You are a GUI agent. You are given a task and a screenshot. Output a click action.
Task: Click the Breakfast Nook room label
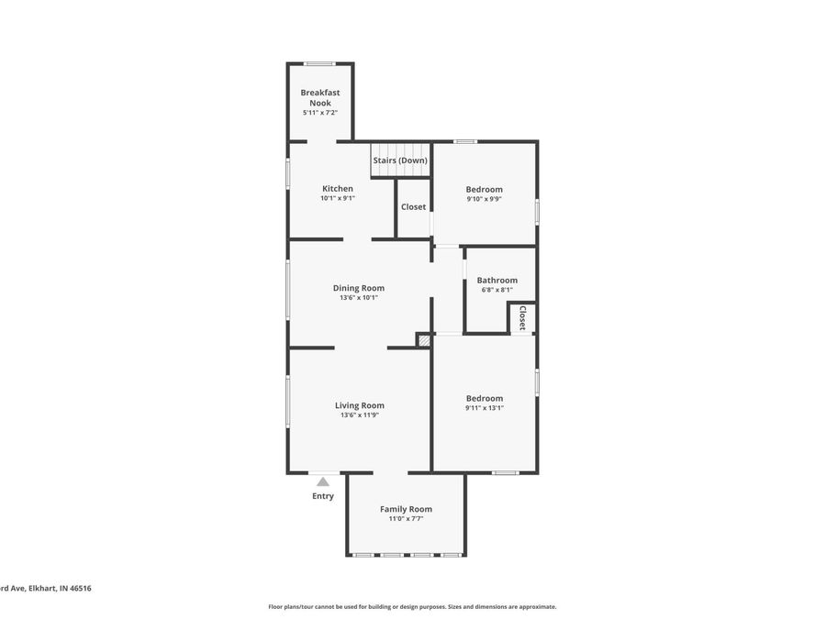[x=319, y=97]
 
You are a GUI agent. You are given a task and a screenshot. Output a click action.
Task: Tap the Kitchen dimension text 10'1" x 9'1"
[x=337, y=198]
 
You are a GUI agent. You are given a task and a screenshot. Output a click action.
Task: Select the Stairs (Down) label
[x=399, y=160]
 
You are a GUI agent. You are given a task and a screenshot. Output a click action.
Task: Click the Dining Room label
[x=358, y=288]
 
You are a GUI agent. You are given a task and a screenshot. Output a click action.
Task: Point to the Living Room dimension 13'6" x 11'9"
[x=359, y=415]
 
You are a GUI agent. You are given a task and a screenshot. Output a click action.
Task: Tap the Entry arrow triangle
[x=323, y=481]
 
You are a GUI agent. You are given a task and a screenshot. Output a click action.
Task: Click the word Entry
[x=323, y=496]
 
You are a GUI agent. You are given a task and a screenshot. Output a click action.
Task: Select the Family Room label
[x=406, y=509]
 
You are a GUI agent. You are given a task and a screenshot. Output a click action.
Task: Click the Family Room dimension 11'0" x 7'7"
[x=406, y=519]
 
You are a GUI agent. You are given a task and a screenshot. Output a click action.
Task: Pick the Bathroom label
[x=497, y=281]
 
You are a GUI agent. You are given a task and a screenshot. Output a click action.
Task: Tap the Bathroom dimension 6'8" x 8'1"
[x=497, y=291]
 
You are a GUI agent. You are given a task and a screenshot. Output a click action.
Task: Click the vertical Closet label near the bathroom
[x=522, y=318]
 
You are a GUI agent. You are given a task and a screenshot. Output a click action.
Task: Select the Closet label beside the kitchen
[x=413, y=207]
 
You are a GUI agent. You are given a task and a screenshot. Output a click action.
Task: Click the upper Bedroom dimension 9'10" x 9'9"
[x=484, y=199]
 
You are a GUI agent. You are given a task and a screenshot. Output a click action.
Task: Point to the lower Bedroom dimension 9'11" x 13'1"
[x=484, y=408]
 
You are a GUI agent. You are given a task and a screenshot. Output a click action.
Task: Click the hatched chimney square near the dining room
[x=423, y=340]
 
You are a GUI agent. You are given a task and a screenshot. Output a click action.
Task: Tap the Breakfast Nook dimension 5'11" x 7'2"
[x=319, y=113]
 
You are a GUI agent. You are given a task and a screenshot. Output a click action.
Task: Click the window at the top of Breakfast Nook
[x=319, y=63]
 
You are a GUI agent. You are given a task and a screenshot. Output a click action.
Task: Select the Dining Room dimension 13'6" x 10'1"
[x=358, y=298]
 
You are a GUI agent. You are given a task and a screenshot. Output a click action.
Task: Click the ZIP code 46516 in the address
[x=80, y=589]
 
